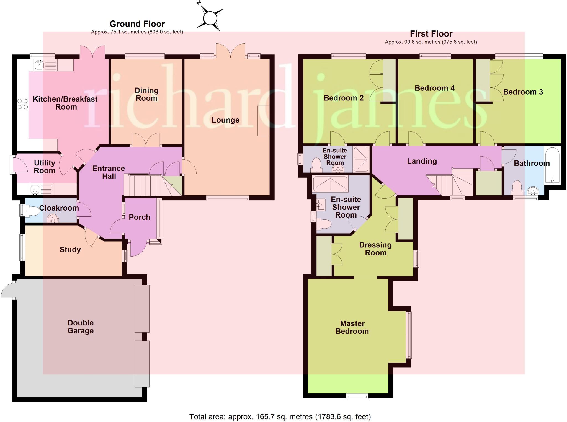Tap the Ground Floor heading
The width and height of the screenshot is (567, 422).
pos(137,24)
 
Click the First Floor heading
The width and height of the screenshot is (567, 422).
pos(431,34)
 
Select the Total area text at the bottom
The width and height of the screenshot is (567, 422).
pos(280,416)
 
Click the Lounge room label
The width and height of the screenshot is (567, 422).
pos(225,120)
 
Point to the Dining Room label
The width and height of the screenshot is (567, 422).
pos(146,94)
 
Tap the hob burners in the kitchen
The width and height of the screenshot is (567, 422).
pos(23,104)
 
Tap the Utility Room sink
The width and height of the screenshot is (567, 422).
pos(35,190)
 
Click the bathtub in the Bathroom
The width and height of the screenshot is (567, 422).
pos(552,165)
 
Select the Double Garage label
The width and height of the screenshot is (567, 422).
pos(81,327)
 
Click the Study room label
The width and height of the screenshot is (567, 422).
pos(70,250)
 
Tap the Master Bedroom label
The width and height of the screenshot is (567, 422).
pos(352,327)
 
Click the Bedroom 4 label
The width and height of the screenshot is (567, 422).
pos(434,88)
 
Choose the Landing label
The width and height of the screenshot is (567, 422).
pos(422,161)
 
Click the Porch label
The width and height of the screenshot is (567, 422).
pos(140,217)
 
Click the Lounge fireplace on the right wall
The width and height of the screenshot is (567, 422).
pos(263,121)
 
